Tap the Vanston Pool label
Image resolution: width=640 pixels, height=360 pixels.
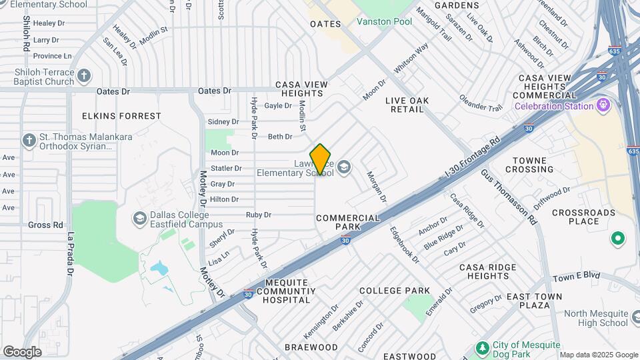(384, 21)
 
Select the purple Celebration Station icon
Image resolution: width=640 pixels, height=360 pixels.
(604, 105)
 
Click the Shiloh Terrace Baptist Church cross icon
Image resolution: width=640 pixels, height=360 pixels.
(84, 75)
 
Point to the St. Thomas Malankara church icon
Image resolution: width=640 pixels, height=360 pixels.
(29, 141)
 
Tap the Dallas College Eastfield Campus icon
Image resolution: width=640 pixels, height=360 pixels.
(140, 218)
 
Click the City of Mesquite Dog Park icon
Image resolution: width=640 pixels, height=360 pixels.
(483, 348)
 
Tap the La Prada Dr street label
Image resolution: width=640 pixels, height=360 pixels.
(70, 254)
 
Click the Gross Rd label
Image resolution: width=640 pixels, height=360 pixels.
(45, 225)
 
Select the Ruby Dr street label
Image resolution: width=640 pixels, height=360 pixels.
(259, 215)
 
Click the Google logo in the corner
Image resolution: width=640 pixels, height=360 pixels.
(22, 351)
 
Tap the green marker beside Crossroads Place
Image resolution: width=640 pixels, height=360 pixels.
(617, 238)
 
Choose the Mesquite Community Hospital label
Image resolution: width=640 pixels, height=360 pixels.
(288, 291)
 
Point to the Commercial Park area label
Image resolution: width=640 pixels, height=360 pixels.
(347, 222)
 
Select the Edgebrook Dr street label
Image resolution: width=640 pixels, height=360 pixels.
(405, 245)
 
